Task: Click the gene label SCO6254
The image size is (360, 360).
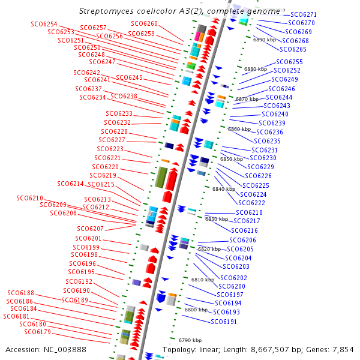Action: tap(44, 24)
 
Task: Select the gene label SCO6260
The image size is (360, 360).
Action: tap(144, 23)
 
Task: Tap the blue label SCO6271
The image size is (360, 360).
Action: tap(304, 14)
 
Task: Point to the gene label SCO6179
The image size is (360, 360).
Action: tap(37, 332)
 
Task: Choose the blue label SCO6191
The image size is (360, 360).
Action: tap(224, 322)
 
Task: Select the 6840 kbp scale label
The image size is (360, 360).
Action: tap(224, 189)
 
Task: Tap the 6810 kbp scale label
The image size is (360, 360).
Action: tap(203, 280)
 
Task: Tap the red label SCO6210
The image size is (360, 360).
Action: tap(29, 198)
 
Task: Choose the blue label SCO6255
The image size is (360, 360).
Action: tap(289, 62)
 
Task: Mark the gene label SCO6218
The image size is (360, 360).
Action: tap(249, 212)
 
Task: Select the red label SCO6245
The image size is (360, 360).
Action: tap(129, 77)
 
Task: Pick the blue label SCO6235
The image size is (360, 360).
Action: tap(268, 141)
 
